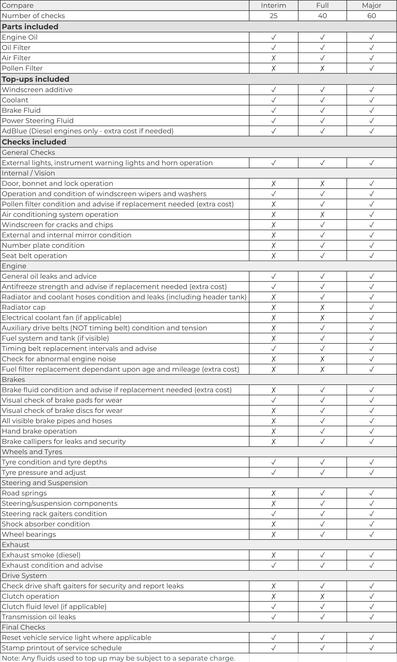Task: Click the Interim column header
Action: (273, 5)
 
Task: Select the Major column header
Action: (371, 5)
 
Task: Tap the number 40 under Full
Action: (322, 16)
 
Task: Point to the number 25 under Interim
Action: (273, 16)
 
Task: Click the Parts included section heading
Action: (30, 27)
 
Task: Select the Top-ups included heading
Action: (35, 79)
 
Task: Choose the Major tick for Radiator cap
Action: (371, 307)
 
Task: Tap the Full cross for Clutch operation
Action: (322, 596)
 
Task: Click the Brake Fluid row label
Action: (21, 110)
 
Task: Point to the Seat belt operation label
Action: (34, 256)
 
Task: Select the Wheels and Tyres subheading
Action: (32, 452)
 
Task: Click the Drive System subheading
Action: (24, 576)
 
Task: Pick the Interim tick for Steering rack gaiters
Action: (273, 514)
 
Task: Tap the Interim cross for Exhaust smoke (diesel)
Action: (273, 555)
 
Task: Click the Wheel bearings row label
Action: (29, 534)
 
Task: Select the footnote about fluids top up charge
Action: (118, 658)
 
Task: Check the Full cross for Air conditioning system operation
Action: (322, 215)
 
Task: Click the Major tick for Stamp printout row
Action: (371, 648)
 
